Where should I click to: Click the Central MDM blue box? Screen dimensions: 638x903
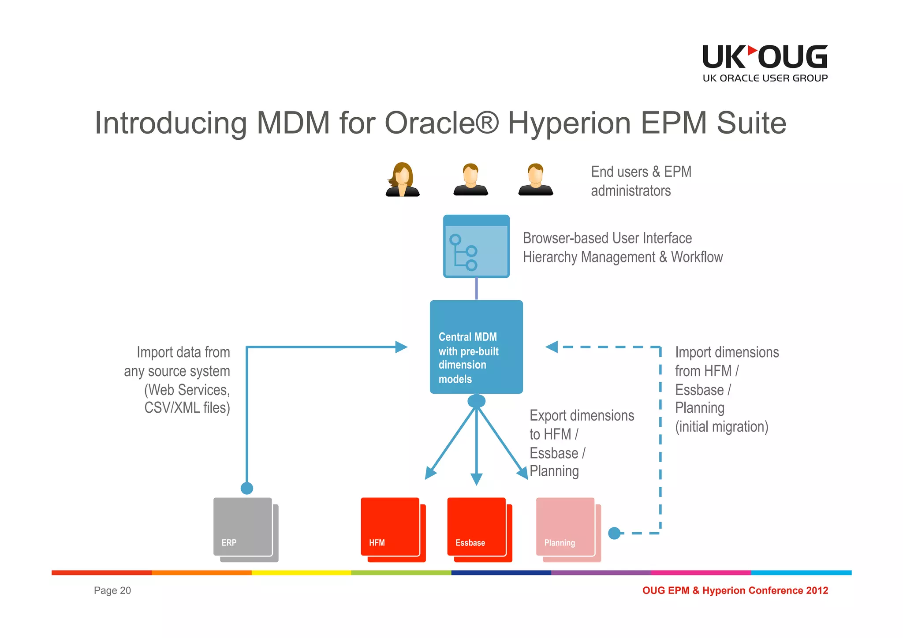click(x=476, y=347)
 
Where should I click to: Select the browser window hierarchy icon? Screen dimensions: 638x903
click(x=476, y=246)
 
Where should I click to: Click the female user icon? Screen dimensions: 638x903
click(x=402, y=179)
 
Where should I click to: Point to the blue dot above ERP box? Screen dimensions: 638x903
click(x=247, y=488)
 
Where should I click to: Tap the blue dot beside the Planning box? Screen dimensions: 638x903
click(x=614, y=533)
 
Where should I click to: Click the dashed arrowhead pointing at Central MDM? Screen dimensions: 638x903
click(x=552, y=347)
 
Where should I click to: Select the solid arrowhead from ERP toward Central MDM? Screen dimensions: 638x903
click(x=401, y=347)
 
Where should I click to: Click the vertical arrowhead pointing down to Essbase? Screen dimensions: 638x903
click(x=476, y=479)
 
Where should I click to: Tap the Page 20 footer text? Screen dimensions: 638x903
click(x=112, y=590)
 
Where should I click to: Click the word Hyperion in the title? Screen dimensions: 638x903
click(x=569, y=123)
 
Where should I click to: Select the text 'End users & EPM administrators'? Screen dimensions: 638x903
click(x=641, y=181)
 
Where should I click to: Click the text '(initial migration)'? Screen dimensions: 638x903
click(x=721, y=427)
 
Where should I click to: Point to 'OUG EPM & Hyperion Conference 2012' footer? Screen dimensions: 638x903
click(x=735, y=590)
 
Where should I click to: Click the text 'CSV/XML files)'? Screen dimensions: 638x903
click(x=187, y=408)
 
